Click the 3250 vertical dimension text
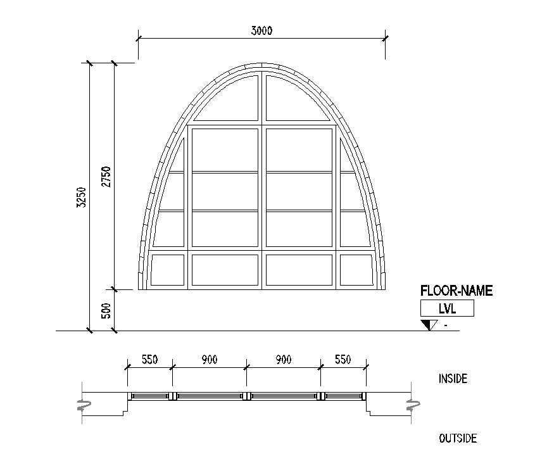point(81,198)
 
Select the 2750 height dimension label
point(106,177)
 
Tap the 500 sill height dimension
point(106,310)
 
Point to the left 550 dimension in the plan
point(149,360)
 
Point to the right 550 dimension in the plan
point(343,360)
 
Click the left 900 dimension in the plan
point(210,360)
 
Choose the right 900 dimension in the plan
point(284,360)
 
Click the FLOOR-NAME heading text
point(456,291)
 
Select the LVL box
point(447,308)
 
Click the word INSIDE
point(453,379)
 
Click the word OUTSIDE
point(458,438)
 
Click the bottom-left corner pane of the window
point(168,270)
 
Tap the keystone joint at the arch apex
point(262,65)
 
